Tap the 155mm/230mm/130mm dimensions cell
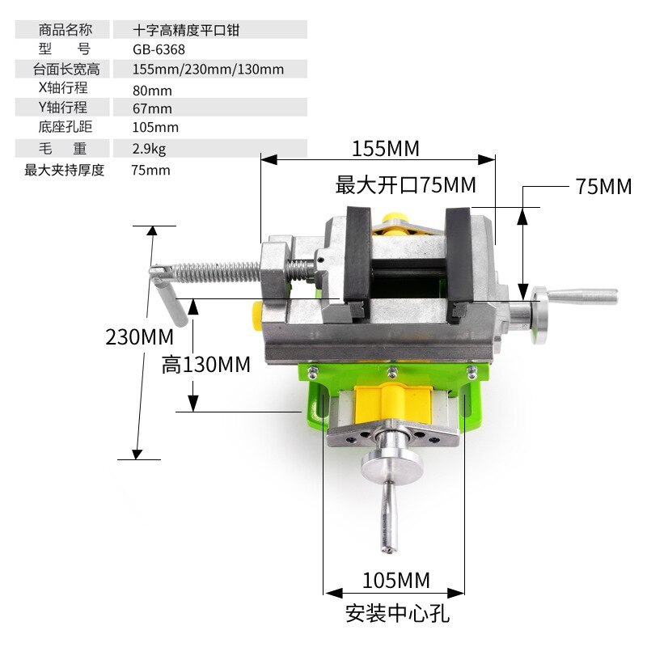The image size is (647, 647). pos(208,69)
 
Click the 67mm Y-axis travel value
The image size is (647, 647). pos(152,108)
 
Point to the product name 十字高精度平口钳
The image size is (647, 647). pos(187,30)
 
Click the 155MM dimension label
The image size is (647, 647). pos(385,149)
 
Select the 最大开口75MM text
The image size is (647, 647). pos(406,185)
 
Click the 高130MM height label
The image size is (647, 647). pos(206,365)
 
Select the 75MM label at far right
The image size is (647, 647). pos(603,186)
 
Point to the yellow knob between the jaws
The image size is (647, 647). pos(395,224)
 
